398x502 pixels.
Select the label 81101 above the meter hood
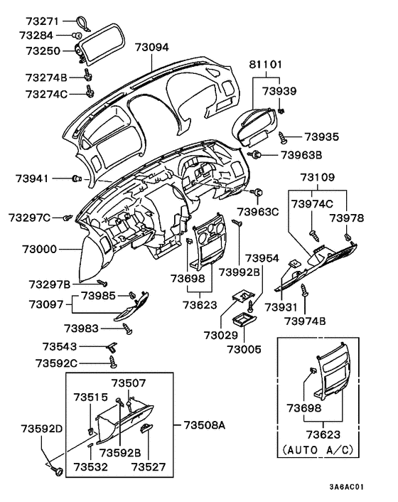tap(265, 65)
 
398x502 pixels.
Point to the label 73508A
tap(204, 425)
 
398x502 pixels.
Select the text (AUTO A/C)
tap(313, 450)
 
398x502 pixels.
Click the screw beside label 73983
tap(128, 328)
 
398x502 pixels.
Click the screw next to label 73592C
tap(113, 363)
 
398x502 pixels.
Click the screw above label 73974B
tap(304, 290)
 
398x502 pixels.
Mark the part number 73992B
tap(239, 272)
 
